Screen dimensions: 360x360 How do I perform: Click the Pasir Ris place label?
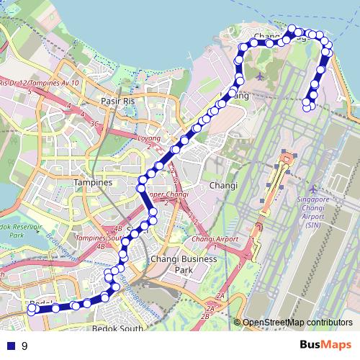(119, 102)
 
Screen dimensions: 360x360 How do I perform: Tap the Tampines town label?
(93, 183)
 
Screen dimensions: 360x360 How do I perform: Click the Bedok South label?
(118, 328)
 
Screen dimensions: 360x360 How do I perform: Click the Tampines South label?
(101, 237)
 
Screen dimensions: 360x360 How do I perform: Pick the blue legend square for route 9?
(10, 346)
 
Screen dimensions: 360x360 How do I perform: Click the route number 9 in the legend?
(24, 346)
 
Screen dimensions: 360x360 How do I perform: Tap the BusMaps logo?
(325, 345)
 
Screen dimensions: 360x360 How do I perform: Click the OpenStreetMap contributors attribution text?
(297, 323)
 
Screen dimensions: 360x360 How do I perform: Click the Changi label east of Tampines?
(222, 185)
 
